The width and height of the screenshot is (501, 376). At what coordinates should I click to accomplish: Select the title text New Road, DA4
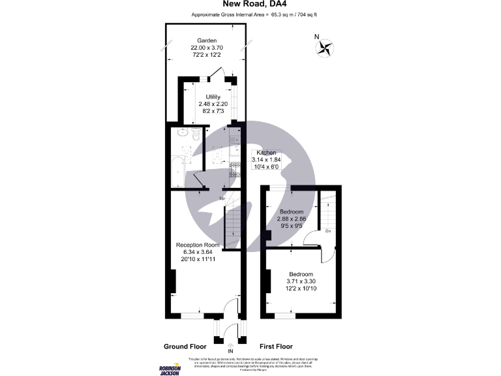pyautogui.click(x=250, y=4)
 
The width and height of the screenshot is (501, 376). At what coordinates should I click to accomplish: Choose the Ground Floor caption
pyautogui.click(x=185, y=347)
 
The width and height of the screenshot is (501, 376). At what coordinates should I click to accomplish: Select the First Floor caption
pyautogui.click(x=276, y=347)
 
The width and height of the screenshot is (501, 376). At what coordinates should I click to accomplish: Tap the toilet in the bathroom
pyautogui.click(x=198, y=134)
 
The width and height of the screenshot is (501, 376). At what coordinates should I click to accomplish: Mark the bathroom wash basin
pyautogui.click(x=181, y=134)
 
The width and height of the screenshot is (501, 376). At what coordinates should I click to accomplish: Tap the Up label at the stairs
pyautogui.click(x=222, y=198)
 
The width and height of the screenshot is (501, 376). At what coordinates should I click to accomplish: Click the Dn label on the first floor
pyautogui.click(x=328, y=231)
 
